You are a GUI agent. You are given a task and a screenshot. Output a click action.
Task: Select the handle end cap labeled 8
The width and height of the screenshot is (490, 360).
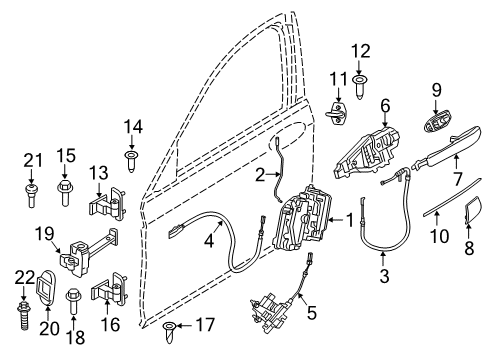pos(472,212)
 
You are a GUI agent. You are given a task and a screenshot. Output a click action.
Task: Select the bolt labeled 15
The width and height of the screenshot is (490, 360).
pos(65,190)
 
